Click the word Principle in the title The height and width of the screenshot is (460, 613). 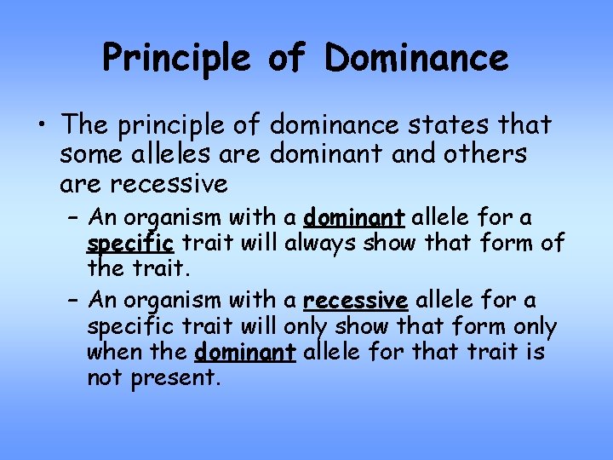click(x=177, y=59)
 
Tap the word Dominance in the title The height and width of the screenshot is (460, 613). click(x=416, y=59)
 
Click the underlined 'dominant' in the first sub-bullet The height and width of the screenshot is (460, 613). click(x=353, y=217)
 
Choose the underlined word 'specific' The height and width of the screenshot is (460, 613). click(x=130, y=244)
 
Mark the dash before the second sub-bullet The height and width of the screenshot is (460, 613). click(x=73, y=300)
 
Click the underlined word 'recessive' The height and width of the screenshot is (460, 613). click(x=356, y=301)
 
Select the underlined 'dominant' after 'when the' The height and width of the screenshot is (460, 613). click(x=245, y=352)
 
